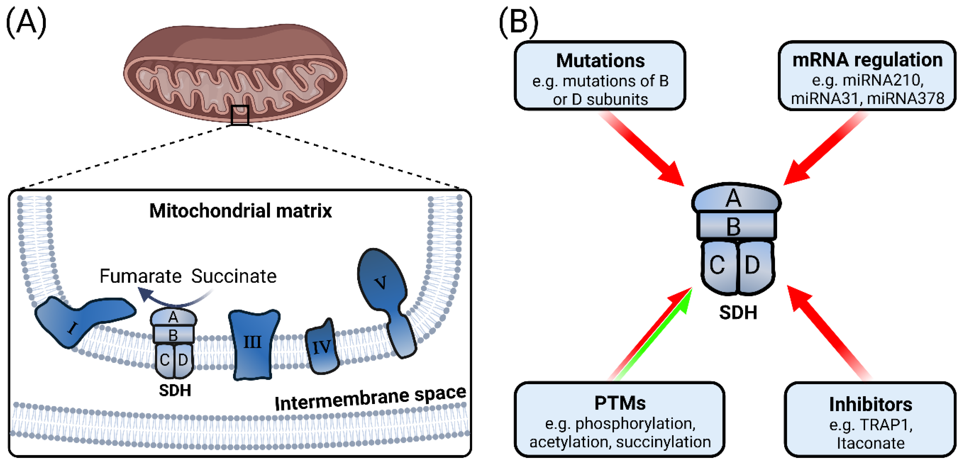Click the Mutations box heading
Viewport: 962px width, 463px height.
tap(600, 61)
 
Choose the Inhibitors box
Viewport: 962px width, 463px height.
tap(870, 420)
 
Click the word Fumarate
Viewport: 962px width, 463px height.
tap(140, 276)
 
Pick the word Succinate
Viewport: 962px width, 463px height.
tap(234, 276)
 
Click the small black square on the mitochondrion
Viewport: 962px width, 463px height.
tap(240, 115)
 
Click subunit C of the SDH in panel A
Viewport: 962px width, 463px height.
tap(165, 360)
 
